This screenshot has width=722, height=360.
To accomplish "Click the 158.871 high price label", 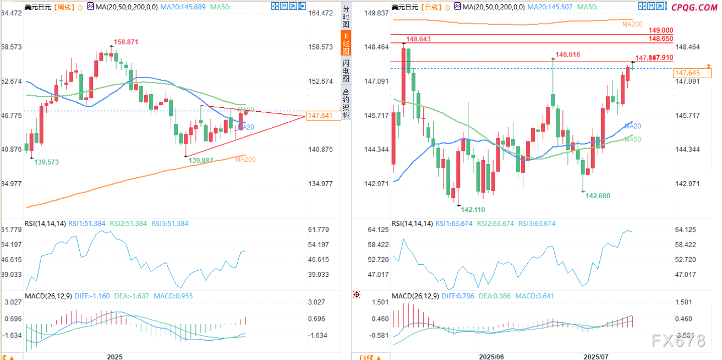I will pyautogui.click(x=126, y=42).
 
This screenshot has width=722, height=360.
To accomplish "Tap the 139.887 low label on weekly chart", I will pyautogui.click(x=201, y=160).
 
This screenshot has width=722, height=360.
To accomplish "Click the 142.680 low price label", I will pyautogui.click(x=598, y=195).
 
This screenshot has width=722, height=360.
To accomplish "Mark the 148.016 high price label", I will pyautogui.click(x=568, y=54).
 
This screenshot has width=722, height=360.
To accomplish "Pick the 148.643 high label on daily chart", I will pyautogui.click(x=417, y=39).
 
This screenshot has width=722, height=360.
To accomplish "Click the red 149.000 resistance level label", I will pyautogui.click(x=661, y=30).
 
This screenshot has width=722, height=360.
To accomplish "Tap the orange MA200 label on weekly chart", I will pyautogui.click(x=245, y=159).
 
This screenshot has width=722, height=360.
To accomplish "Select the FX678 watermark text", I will pyautogui.click(x=678, y=341).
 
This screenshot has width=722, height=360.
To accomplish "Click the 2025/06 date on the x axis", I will pyautogui.click(x=493, y=357).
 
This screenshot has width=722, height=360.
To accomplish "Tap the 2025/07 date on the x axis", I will pyautogui.click(x=597, y=357).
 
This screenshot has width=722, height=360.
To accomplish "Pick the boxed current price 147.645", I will pyautogui.click(x=687, y=73).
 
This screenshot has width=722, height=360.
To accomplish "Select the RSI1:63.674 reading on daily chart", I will pyautogui.click(x=453, y=223).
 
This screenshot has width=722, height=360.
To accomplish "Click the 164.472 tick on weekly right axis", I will pyautogui.click(x=320, y=13).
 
